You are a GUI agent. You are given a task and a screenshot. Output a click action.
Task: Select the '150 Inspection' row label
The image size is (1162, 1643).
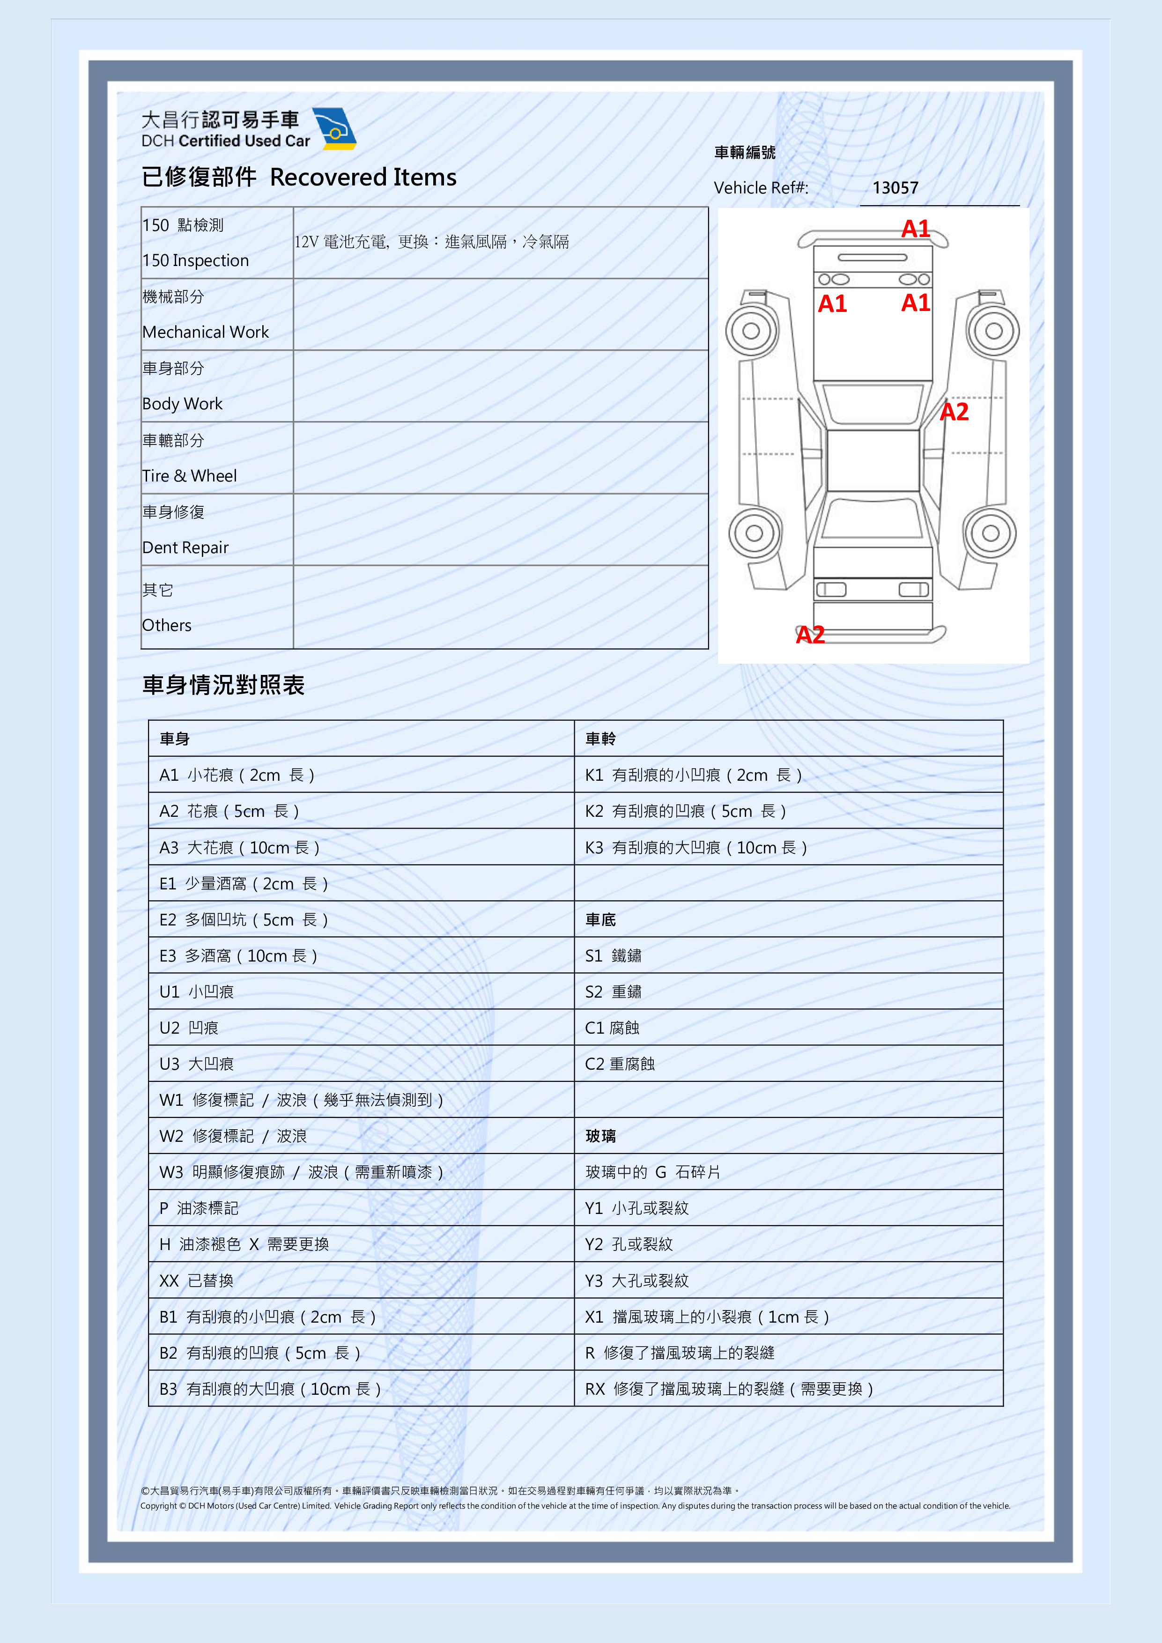(x=195, y=260)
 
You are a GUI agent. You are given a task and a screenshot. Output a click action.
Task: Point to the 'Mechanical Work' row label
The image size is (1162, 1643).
(x=205, y=332)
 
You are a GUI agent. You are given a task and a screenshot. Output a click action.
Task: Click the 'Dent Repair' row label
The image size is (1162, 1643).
(x=185, y=548)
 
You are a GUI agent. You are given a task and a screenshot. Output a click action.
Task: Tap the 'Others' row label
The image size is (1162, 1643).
(x=167, y=625)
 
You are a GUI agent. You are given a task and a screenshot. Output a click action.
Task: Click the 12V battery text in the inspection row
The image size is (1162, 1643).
(x=431, y=242)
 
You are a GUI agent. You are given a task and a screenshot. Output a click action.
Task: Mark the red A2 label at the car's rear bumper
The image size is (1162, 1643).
(x=810, y=635)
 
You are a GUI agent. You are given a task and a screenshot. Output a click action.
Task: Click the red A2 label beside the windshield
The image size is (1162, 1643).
(x=954, y=412)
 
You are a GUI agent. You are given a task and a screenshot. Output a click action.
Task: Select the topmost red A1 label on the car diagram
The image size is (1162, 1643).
(x=915, y=229)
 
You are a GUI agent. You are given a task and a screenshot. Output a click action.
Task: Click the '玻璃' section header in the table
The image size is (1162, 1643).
(x=600, y=1136)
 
